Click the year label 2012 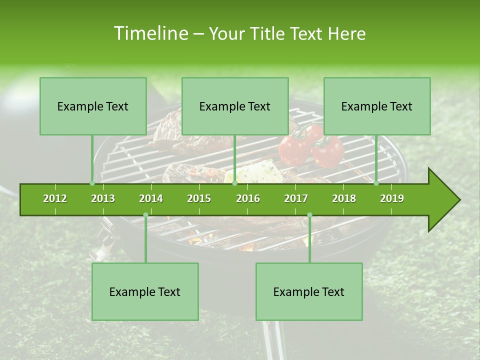55,198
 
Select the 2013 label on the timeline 103,198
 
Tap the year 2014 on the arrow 151,198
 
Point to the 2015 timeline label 199,198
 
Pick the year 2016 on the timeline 248,198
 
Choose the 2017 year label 296,198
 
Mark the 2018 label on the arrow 344,198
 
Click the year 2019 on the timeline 392,198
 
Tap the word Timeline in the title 150,33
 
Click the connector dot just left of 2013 92,183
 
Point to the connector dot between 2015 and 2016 234,183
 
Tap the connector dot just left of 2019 376,183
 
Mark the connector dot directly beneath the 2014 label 145,215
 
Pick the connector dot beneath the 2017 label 309,215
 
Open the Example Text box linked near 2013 93,106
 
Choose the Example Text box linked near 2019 377,106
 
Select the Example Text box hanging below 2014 145,291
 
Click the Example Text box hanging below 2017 309,291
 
